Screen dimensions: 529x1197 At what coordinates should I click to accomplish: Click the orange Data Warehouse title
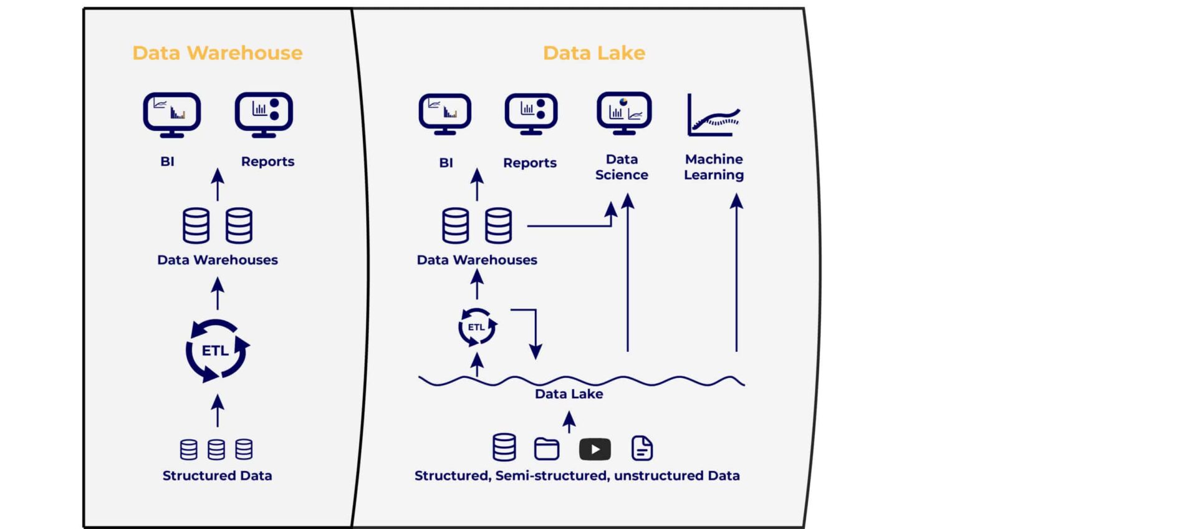[217, 53]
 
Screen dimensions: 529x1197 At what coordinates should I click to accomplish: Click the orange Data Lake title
[594, 53]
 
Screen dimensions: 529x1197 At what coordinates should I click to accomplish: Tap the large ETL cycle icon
[217, 351]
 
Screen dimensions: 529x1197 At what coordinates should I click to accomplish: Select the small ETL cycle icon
[477, 327]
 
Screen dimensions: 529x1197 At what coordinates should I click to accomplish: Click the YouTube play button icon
[594, 449]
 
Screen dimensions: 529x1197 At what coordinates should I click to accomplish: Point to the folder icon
[547, 449]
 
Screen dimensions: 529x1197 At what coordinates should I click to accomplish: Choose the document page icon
[642, 448]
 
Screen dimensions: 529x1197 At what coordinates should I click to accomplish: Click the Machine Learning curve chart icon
[714, 116]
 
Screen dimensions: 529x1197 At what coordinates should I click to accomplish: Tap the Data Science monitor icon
[624, 113]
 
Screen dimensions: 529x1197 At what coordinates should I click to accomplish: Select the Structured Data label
[217, 475]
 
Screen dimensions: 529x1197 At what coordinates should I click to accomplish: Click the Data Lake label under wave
[569, 394]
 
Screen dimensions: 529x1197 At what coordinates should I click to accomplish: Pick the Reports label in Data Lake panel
[529, 163]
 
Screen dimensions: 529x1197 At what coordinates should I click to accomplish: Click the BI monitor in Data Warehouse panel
[171, 114]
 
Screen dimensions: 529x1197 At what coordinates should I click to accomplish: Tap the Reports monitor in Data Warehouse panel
[264, 114]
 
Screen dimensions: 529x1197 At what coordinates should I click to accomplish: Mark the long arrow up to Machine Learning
[736, 274]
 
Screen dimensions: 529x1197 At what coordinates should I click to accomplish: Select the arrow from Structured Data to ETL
[217, 410]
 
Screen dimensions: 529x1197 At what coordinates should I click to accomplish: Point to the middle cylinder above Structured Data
[216, 449]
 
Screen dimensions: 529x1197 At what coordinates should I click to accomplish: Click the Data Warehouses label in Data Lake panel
[476, 260]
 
